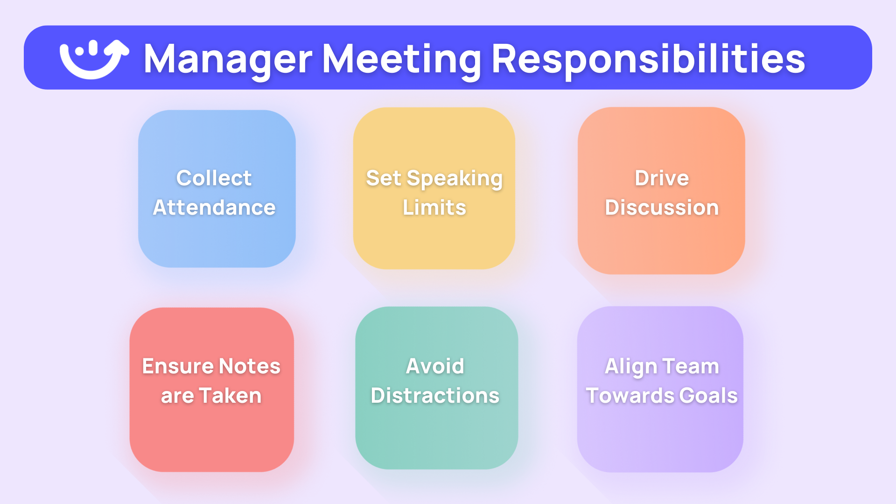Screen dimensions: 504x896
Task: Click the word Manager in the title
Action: coord(228,59)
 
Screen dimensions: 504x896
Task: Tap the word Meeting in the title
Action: coord(401,59)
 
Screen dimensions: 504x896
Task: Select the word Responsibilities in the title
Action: coord(648,59)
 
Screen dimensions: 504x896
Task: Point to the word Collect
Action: coord(214,178)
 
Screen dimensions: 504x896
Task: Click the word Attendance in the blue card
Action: coord(214,208)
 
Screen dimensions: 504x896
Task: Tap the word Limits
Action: coord(434,208)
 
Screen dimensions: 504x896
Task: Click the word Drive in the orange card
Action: coord(661,178)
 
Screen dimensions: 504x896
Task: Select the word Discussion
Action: coord(661,208)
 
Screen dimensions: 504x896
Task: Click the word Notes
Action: coord(250,366)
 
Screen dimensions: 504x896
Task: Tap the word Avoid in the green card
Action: coord(435,366)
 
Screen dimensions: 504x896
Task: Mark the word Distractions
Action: coord(435,396)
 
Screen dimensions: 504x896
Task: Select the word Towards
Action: coord(630,396)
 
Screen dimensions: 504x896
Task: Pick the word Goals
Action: coord(708,396)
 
